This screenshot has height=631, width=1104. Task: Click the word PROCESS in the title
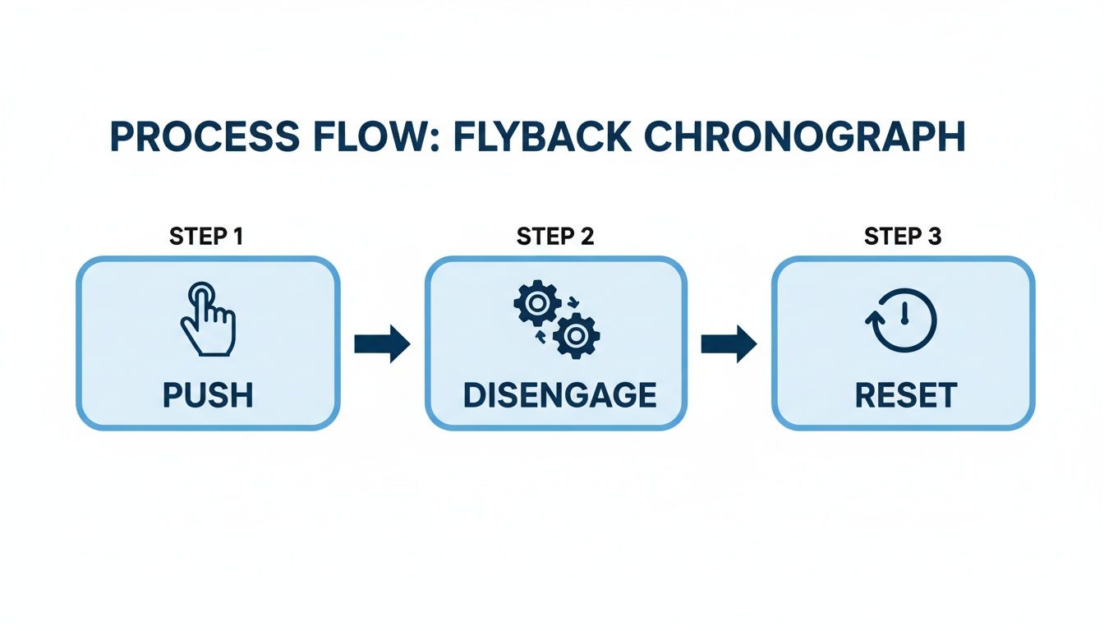(x=201, y=138)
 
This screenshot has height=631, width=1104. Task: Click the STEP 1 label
(x=206, y=237)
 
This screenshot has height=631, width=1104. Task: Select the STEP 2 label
(x=555, y=237)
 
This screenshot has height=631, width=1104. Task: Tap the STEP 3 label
(x=903, y=237)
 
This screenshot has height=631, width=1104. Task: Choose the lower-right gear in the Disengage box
(x=577, y=335)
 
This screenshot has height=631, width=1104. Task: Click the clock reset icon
(x=901, y=320)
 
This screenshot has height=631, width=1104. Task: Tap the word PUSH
(x=207, y=396)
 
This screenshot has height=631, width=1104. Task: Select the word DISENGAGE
(x=559, y=396)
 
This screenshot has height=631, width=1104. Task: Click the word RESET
(x=905, y=396)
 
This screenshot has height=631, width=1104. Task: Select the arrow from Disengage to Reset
(x=729, y=343)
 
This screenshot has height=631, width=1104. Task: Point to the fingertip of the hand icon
(x=200, y=293)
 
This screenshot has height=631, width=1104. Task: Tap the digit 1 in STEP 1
(x=237, y=237)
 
